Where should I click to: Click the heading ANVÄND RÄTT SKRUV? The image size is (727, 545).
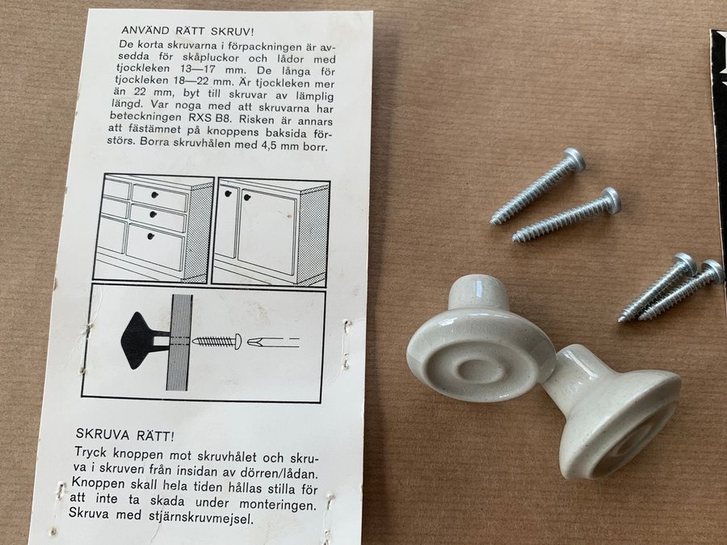[x=187, y=31]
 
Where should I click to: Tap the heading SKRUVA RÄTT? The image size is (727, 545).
[x=125, y=435]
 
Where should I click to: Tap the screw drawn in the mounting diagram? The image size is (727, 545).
[x=217, y=342]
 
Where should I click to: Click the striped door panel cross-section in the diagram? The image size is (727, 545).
[x=179, y=342]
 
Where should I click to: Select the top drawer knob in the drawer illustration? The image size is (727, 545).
[x=155, y=195]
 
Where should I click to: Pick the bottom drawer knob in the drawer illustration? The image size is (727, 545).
[x=149, y=237]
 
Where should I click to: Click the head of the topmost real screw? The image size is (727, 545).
[x=574, y=160]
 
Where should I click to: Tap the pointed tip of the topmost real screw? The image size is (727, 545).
[x=493, y=222]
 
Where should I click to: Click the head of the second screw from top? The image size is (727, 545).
[x=611, y=200]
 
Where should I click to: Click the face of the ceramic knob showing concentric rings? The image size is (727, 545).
[x=480, y=358]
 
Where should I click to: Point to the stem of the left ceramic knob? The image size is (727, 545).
[x=477, y=290]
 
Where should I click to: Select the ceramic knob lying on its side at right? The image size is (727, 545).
[x=612, y=412]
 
